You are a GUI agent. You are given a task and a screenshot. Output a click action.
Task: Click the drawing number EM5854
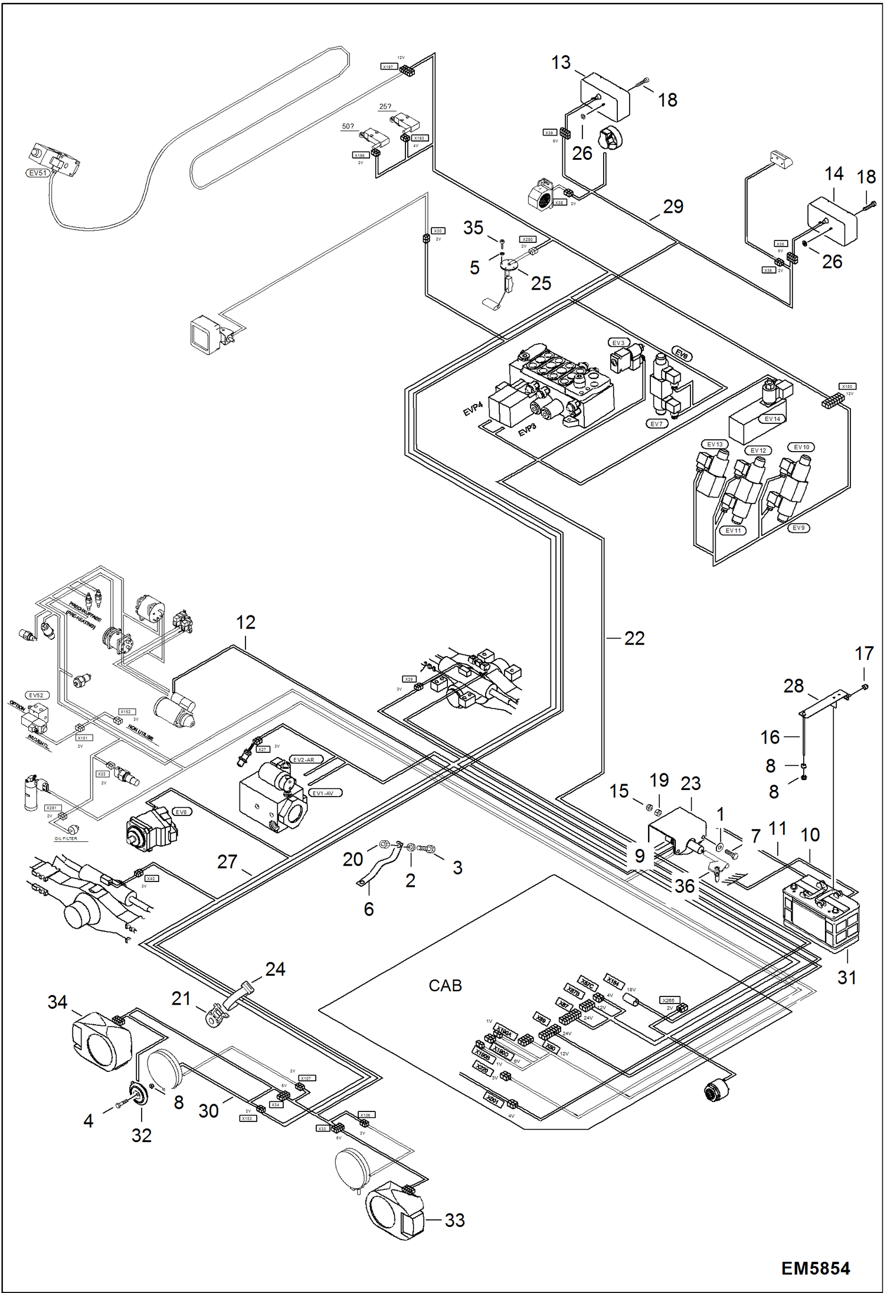point(815,1268)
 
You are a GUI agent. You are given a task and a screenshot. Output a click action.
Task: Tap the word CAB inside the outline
point(445,985)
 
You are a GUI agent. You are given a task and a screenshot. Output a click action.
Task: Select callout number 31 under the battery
point(847,978)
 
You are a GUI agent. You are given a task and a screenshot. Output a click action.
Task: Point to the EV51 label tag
point(37,173)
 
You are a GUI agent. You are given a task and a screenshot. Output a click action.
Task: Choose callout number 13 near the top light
point(561,62)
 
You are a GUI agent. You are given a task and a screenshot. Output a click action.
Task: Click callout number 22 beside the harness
point(634,638)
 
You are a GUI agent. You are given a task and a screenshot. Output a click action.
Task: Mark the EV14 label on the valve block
point(772,419)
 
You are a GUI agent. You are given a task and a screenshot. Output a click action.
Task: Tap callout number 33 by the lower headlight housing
point(454,1220)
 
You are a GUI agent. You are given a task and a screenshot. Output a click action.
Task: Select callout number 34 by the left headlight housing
point(57,1002)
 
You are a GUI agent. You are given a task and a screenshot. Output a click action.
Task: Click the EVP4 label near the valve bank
point(473,409)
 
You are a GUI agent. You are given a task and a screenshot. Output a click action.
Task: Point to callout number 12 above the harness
point(245,622)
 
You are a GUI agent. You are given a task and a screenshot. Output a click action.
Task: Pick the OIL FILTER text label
point(66,838)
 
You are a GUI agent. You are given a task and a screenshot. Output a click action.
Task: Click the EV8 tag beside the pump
point(181,812)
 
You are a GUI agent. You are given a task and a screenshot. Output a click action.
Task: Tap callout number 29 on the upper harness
point(673,206)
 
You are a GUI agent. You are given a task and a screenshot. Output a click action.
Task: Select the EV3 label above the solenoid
point(618,343)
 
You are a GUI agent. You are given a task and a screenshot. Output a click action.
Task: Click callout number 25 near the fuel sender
point(541,283)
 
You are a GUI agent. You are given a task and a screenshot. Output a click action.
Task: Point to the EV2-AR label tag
point(305,760)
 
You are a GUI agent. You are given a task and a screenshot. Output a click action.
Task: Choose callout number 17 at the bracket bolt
point(864,653)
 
